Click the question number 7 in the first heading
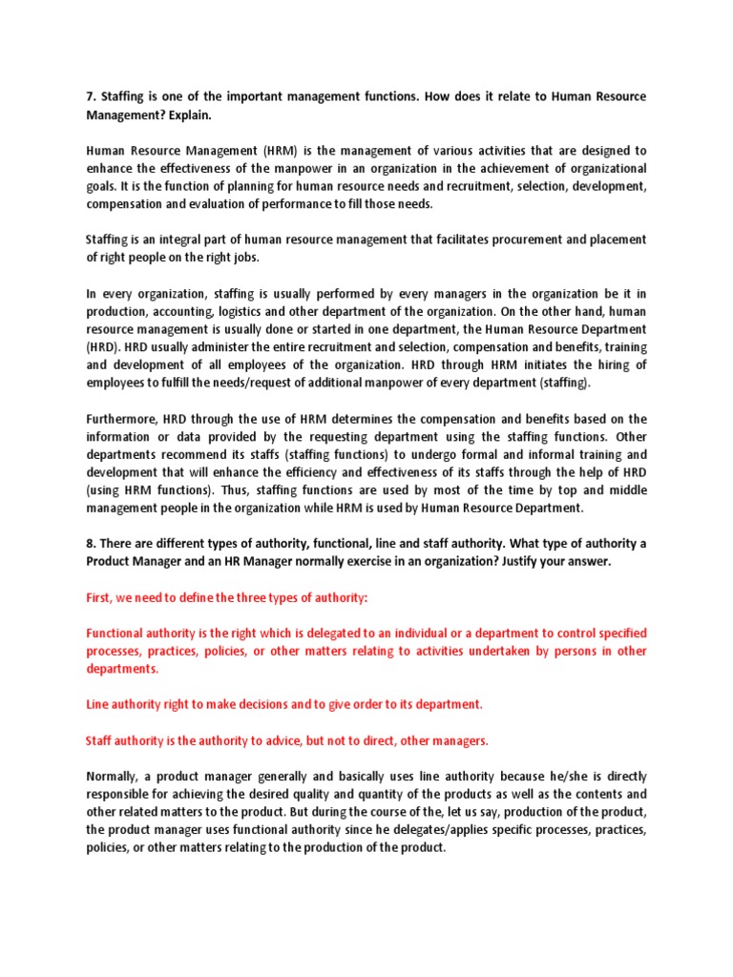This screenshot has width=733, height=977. point(90,97)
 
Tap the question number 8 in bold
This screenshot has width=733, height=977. point(90,544)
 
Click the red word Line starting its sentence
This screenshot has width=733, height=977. point(98,704)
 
